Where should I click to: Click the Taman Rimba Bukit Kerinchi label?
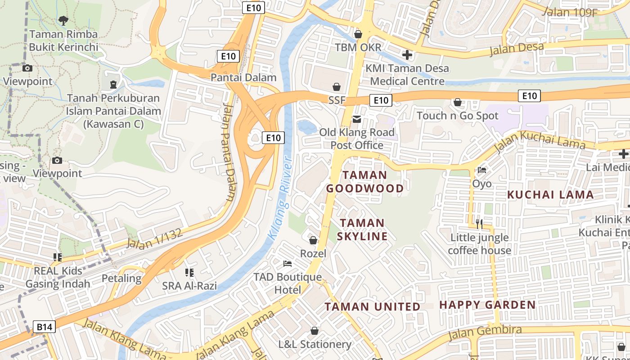tap(63, 40)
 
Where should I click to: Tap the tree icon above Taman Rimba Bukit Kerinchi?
tap(63, 20)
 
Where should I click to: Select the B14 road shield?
tap(45, 327)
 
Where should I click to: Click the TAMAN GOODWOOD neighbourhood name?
tap(365, 181)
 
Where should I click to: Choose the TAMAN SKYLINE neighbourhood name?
tap(363, 229)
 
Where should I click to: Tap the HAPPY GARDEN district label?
tap(487, 305)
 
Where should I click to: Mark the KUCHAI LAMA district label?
tap(550, 194)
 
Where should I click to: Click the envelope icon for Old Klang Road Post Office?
tap(357, 119)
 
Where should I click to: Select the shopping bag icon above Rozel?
tap(313, 240)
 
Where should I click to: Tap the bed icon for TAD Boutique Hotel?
tap(288, 263)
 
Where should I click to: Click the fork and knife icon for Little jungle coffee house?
tap(479, 223)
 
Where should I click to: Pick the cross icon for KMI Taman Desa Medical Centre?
tap(407, 55)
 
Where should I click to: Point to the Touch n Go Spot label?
tap(457, 116)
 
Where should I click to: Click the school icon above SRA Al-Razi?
tap(189, 272)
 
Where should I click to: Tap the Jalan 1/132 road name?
tap(154, 239)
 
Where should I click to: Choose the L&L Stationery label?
tap(315, 344)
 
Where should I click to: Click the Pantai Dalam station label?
tap(243, 77)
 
